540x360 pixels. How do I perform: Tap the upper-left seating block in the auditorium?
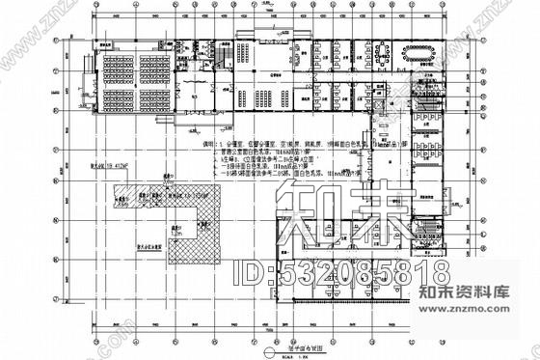click(x=118, y=69)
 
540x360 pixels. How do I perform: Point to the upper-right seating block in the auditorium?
click(x=154, y=69)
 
